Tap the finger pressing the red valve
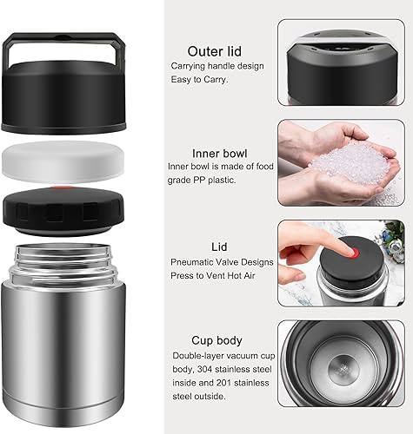[304, 245]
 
